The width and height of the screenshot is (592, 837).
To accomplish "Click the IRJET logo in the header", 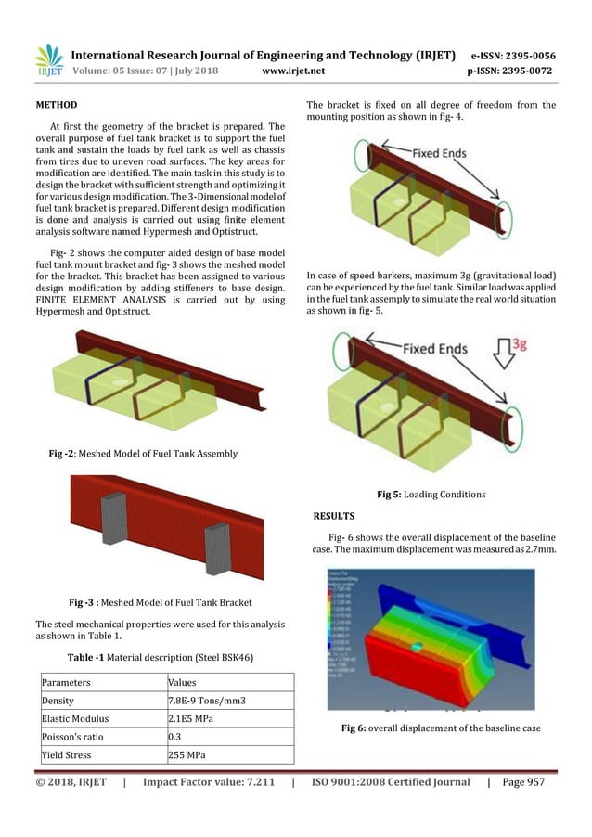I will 48,58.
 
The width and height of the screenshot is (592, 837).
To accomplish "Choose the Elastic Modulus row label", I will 77,719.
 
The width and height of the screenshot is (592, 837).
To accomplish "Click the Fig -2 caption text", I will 143,454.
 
